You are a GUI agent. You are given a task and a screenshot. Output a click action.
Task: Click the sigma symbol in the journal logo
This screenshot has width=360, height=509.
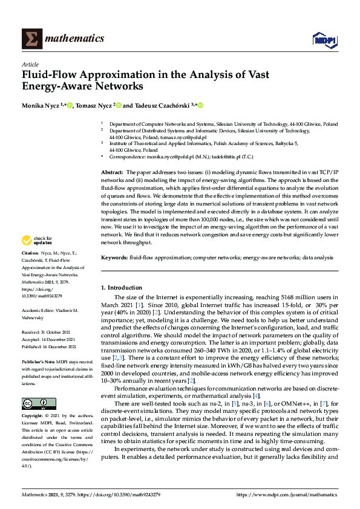[x=31, y=39]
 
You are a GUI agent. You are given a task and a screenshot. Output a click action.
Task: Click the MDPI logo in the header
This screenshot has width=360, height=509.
[x=324, y=39]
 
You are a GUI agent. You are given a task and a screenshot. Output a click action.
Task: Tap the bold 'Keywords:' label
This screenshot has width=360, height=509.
[x=114, y=258]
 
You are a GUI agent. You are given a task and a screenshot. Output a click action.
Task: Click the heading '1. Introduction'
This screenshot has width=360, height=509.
[x=122, y=288]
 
